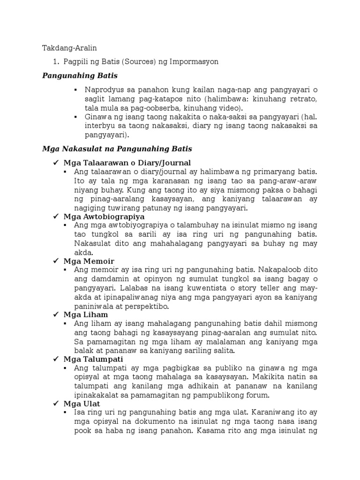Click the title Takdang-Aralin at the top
coord(69,48)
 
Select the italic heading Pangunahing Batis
coord(80,75)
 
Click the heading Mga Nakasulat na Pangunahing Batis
coord(117,149)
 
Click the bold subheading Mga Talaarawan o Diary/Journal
coord(127,163)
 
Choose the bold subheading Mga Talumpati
coord(93,359)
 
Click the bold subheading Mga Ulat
coord(82,404)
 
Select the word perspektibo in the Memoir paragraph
coord(146,306)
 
